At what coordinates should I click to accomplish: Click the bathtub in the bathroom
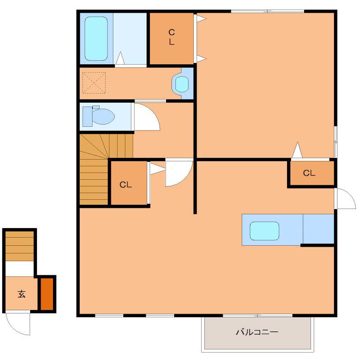click(96, 39)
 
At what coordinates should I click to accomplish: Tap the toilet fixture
click(99, 116)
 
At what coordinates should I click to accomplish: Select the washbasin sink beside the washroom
click(182, 84)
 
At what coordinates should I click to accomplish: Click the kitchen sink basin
click(265, 231)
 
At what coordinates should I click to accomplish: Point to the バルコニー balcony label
click(257, 332)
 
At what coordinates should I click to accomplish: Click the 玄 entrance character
click(21, 294)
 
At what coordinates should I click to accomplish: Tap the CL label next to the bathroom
click(171, 37)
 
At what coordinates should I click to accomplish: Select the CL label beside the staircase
click(126, 184)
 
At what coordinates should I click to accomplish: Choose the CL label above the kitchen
click(309, 173)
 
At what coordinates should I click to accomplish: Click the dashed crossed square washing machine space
click(94, 83)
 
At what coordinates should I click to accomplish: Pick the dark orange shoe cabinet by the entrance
click(47, 294)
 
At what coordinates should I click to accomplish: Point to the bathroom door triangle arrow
click(120, 58)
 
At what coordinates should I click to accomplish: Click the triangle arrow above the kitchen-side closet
click(297, 150)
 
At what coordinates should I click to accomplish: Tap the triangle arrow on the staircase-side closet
click(157, 169)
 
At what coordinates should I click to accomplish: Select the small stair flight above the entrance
click(19, 246)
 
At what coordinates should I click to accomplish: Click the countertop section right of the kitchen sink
click(319, 229)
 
